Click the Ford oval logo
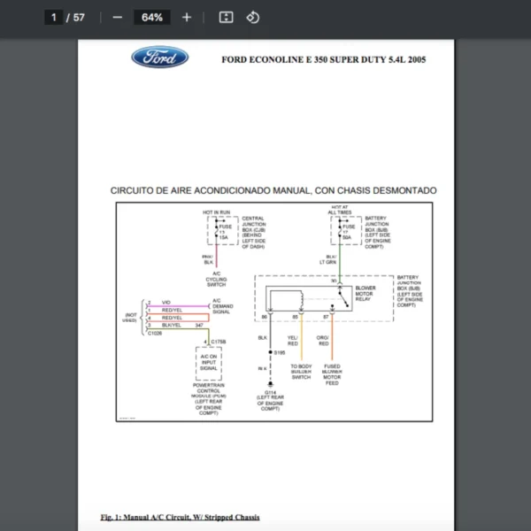[x=160, y=58]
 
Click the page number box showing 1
[x=56, y=17]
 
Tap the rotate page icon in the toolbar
[x=252, y=17]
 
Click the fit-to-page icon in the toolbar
[x=226, y=17]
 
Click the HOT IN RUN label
[x=216, y=212]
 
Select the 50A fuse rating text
[x=347, y=237]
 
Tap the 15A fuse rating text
[x=223, y=237]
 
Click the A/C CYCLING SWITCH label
[x=216, y=279]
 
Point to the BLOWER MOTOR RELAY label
[x=366, y=293]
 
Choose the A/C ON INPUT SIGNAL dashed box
[x=209, y=362]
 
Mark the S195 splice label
[x=279, y=352]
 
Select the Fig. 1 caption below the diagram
[x=181, y=517]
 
